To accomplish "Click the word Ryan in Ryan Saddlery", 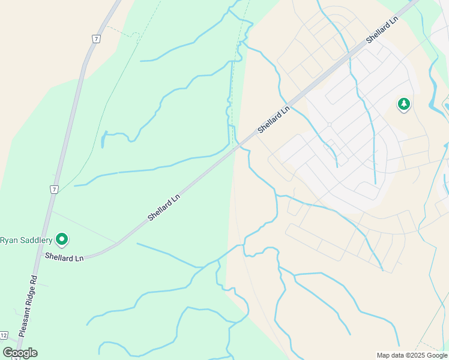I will click(x=10, y=241).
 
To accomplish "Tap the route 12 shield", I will click(x=4, y=335).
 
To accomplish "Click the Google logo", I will click(x=20, y=353).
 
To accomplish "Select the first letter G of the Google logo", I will click(x=8, y=353).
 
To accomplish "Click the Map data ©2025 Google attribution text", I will click(x=412, y=355).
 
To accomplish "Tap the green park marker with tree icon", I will click(x=404, y=104).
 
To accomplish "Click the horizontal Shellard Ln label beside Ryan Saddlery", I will click(x=64, y=257).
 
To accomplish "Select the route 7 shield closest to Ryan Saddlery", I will click(x=55, y=189).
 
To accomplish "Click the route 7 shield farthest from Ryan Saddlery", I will click(x=95, y=39).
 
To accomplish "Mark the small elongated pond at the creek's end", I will click(x=103, y=140).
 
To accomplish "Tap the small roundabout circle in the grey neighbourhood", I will click(x=330, y=125).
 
